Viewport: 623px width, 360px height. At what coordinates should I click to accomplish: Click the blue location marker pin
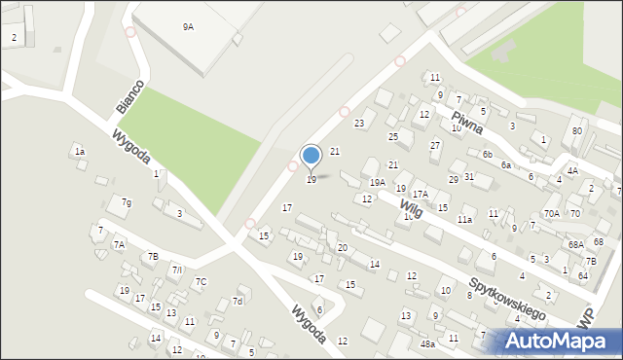[311, 156]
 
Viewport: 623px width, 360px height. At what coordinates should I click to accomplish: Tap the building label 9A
[188, 27]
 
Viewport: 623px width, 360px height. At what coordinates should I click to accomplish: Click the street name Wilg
[410, 205]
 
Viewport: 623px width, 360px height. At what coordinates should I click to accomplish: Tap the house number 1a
[80, 152]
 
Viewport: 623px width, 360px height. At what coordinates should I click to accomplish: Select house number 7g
[126, 202]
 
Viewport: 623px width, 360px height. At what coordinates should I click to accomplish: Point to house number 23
[359, 123]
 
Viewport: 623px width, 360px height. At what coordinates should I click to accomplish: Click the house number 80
[577, 130]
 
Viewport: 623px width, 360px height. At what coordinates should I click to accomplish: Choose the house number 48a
[426, 343]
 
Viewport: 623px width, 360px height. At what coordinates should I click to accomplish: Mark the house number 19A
[378, 182]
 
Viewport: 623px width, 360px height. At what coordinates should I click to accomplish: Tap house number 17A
[420, 195]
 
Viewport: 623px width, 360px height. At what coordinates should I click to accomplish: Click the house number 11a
[465, 220]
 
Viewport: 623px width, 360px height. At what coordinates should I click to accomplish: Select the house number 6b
[488, 154]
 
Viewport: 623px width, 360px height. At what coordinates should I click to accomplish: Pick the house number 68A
[576, 244]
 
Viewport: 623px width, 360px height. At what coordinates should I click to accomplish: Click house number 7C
[201, 282]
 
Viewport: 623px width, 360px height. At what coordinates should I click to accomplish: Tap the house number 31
[469, 176]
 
